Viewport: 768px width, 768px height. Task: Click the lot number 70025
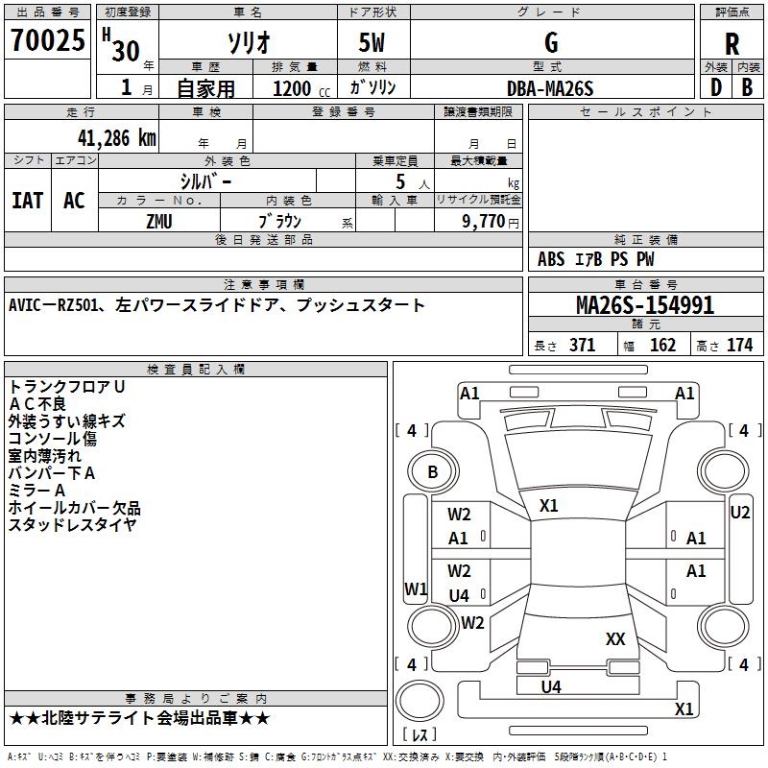48,39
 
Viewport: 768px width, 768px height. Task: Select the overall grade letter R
732,44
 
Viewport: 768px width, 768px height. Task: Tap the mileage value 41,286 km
116,138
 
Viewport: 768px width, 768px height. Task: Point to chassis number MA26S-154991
645,304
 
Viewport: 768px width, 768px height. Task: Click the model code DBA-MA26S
550,88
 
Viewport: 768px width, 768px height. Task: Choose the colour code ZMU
159,222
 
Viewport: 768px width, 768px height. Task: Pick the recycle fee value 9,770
484,221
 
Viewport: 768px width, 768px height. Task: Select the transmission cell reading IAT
28,201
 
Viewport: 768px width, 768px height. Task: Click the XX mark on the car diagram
615,638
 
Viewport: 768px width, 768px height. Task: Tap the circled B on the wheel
433,471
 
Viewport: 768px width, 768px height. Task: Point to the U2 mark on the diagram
739,513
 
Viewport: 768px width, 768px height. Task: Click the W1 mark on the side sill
416,588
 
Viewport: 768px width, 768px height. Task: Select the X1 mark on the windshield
548,506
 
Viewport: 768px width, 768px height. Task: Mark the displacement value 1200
292,88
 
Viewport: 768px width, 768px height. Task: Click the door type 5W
372,42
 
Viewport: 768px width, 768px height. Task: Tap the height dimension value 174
739,345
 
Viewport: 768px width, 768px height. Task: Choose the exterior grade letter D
716,87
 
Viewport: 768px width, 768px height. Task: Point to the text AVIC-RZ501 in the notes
53,305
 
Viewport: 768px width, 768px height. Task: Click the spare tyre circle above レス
420,701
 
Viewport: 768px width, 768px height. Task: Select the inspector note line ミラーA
36,491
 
